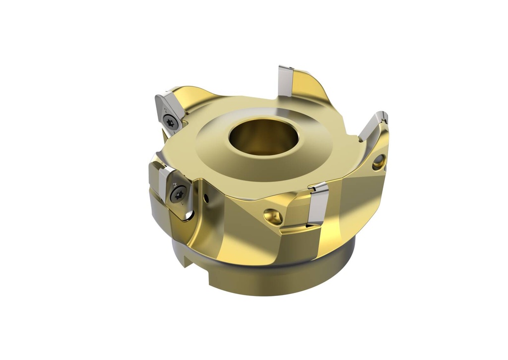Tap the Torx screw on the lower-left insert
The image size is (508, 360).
click(178, 193)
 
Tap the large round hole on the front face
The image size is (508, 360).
click(273, 215)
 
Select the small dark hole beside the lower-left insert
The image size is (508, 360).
click(206, 199)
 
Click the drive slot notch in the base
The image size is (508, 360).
click(185, 258)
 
